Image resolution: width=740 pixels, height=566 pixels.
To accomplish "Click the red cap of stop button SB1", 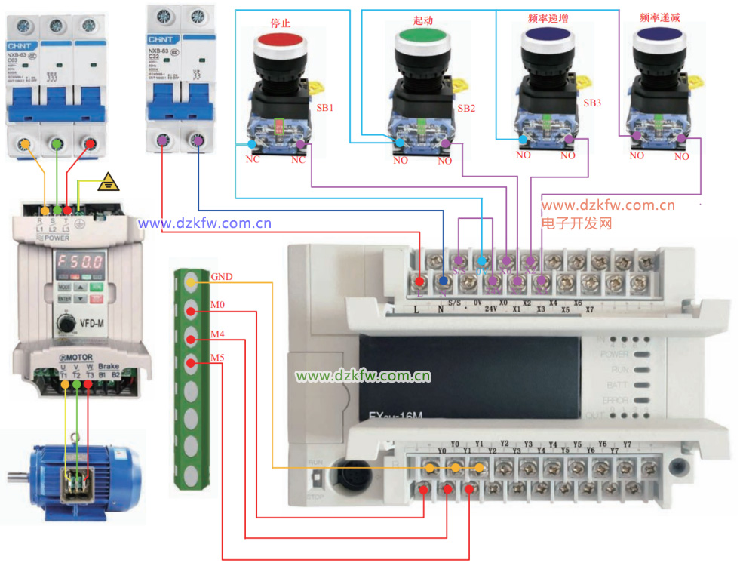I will coord(281,40).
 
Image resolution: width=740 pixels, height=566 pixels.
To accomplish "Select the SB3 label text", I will coord(592,103).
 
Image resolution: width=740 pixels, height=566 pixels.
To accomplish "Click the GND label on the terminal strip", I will coord(222,276).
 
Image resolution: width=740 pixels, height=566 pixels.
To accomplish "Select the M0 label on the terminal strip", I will coord(218,304).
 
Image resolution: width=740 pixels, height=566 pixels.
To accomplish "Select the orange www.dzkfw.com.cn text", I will coord(607,205).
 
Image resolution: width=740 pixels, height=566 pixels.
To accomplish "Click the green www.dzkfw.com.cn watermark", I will coord(363,376).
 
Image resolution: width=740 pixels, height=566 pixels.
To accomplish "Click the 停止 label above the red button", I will coord(280,23).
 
